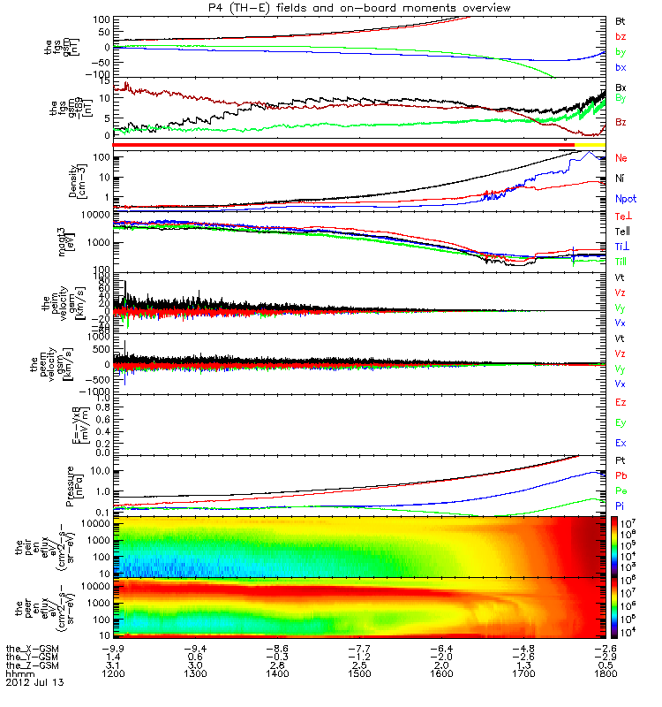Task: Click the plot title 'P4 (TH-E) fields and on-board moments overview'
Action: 352,7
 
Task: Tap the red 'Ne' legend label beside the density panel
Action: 621,157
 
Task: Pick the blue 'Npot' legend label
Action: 626,200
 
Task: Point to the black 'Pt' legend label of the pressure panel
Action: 621,461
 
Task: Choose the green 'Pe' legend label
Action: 621,490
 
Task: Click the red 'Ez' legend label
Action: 621,402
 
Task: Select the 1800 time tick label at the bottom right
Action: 604,673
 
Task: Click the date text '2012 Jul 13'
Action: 34,683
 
